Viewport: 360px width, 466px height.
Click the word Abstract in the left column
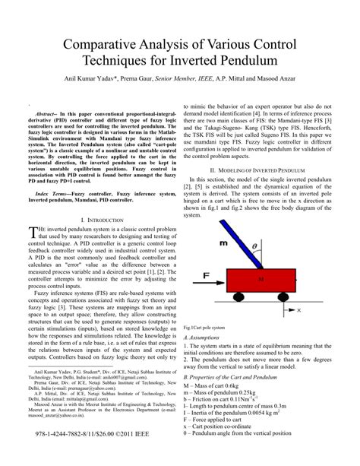44,113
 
